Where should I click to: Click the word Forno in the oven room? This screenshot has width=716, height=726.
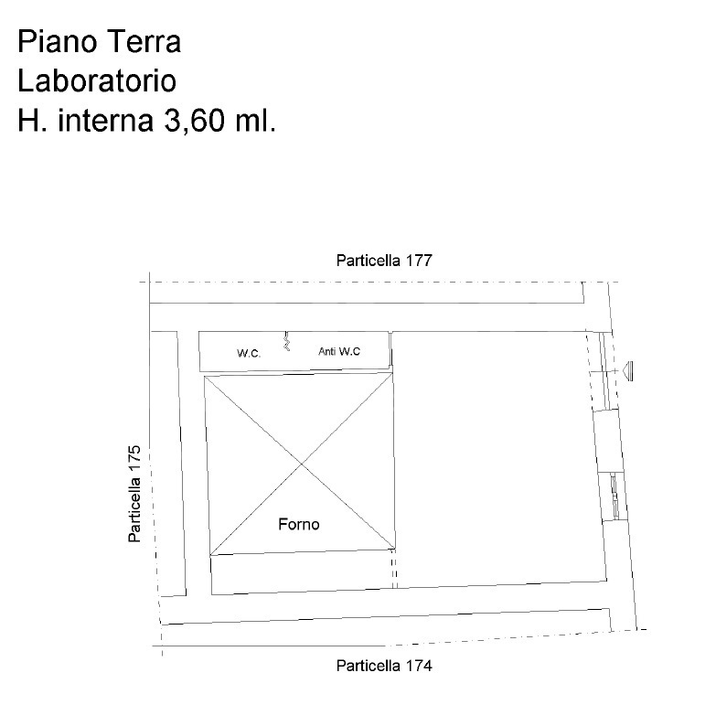[x=299, y=525]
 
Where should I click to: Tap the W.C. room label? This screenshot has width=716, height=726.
[x=250, y=352]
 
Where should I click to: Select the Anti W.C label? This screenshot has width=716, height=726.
[x=338, y=351]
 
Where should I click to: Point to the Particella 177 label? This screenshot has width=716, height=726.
[x=383, y=260]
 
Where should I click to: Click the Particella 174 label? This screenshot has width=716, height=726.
[x=383, y=665]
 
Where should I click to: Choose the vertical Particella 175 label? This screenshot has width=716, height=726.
[x=134, y=495]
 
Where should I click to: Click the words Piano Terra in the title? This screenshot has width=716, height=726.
[x=100, y=41]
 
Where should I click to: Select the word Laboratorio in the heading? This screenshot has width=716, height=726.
[x=97, y=80]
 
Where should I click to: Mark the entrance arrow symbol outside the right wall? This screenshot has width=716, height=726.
[x=630, y=370]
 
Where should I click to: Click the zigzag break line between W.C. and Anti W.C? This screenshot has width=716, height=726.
[x=286, y=344]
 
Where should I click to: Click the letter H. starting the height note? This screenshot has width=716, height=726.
[x=32, y=121]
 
